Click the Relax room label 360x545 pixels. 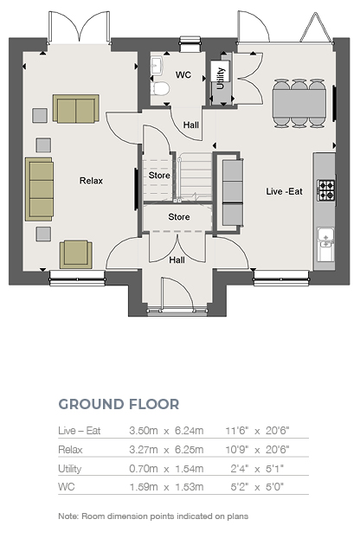click(x=91, y=181)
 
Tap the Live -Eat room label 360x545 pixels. click(x=284, y=191)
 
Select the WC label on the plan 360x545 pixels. click(x=183, y=74)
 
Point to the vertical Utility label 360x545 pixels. click(x=221, y=78)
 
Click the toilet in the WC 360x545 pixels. click(x=160, y=88)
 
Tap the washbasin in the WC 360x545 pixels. click(x=156, y=66)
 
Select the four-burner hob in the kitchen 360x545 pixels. click(x=326, y=190)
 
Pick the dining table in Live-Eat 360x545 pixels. click(x=299, y=104)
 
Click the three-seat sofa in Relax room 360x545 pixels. click(x=39, y=189)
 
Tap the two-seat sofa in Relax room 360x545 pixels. click(x=76, y=108)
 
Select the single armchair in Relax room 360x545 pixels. click(x=76, y=254)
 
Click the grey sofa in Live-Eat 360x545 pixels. click(x=232, y=193)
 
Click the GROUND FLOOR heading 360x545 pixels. click(x=119, y=404)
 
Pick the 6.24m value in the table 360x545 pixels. click(x=190, y=431)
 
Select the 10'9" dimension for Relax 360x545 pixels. click(x=237, y=450)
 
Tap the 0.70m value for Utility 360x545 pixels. click(x=144, y=468)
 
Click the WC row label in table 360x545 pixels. click(x=67, y=486)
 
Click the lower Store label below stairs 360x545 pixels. click(x=179, y=217)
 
